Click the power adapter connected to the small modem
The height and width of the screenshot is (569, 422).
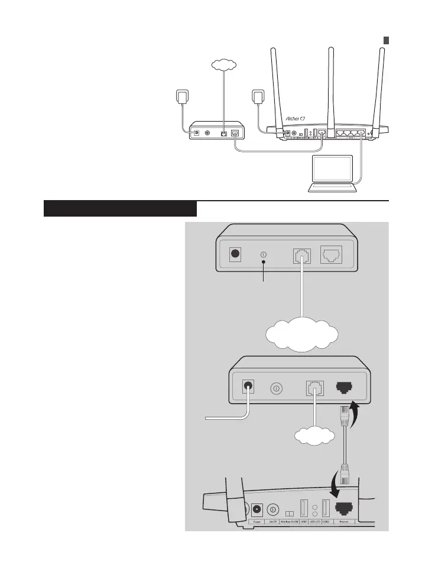click(180, 97)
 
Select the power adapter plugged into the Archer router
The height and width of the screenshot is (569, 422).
click(257, 97)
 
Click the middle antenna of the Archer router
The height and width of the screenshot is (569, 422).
click(331, 89)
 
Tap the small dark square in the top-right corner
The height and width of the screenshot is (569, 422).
click(385, 40)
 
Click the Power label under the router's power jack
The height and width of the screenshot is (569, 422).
click(258, 522)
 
